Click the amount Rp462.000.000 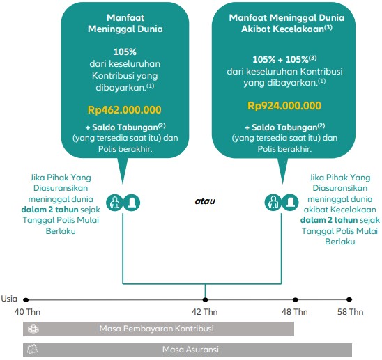(125, 110)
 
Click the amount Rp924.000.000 (284, 106)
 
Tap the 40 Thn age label (27, 312)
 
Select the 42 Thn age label (205, 312)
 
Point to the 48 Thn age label (295, 312)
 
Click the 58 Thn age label (351, 312)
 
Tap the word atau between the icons (205, 201)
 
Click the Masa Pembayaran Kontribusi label (156, 329)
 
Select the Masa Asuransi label (190, 350)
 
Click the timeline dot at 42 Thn (206, 299)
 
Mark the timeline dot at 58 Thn (349, 299)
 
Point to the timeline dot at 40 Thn (26, 300)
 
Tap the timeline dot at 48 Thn (296, 299)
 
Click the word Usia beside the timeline (9, 299)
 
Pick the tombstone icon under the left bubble (132, 203)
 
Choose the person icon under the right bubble (273, 203)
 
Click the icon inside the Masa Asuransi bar (32, 350)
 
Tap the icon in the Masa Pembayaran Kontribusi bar (33, 329)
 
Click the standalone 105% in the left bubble (125, 52)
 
